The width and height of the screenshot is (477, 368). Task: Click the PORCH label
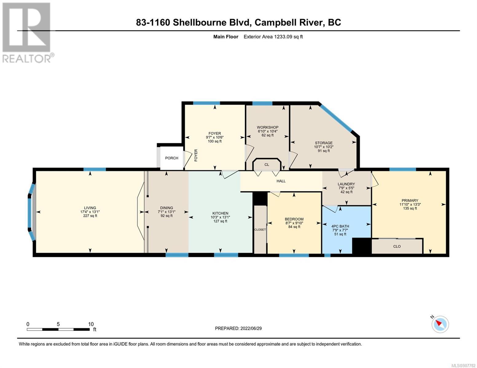pos(171,158)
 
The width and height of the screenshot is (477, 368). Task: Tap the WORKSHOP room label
pos(268,127)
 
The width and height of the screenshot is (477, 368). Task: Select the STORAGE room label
pos(323,143)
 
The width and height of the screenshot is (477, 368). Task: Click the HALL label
pos(281,181)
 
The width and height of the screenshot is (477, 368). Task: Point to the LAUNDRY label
pos(346,184)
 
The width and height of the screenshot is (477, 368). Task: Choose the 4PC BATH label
pos(340,226)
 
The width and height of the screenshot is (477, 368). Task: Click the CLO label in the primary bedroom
pos(397,246)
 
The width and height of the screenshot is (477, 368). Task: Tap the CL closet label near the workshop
pos(267,165)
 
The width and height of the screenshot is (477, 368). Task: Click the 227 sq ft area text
pos(90,216)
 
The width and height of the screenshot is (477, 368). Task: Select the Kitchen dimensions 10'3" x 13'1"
pos(220,217)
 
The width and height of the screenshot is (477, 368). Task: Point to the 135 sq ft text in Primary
pos(410,208)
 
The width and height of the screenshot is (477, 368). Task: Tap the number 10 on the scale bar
pos(91,324)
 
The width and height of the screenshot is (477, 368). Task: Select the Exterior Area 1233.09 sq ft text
pos(273,36)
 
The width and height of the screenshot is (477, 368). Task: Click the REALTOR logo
pos(27,33)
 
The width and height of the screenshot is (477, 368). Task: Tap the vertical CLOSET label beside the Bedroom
pos(260,229)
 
